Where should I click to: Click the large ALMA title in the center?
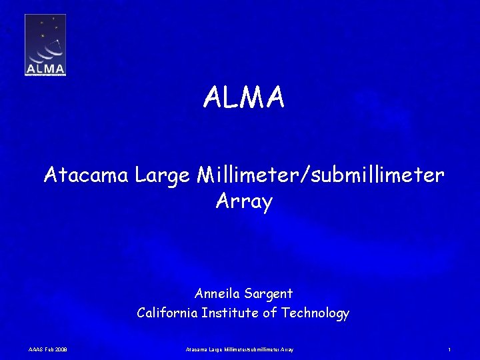pos(244,98)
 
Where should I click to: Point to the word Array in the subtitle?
pos(244,201)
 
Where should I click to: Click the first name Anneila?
pos(218,293)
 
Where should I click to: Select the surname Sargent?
pos(269,293)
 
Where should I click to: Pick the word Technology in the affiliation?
pos(315,313)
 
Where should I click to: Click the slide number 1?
pos(450,349)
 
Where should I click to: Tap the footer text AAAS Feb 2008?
pos(47,349)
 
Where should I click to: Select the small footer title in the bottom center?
pos(239,349)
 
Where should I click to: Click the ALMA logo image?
pos(45,45)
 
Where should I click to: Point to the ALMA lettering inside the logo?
pos(45,68)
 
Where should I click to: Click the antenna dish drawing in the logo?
pos(47,49)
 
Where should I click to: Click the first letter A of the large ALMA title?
pos(213,98)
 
